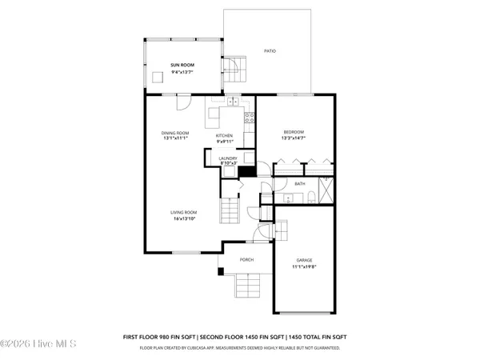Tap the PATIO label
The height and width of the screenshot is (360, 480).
tap(270, 51)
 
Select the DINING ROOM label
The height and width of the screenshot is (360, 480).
tap(175, 132)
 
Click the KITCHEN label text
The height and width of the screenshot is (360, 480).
tap(225, 136)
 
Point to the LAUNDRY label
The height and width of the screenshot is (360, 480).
tap(228, 158)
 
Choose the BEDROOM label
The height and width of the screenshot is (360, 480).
tap(294, 131)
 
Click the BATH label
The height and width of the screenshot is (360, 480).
tap(300, 184)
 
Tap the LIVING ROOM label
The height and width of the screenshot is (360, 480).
tap(183, 213)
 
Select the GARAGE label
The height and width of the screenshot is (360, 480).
tap(304, 260)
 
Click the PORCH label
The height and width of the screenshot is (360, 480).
tap(247, 260)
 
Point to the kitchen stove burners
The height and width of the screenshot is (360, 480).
tap(249, 120)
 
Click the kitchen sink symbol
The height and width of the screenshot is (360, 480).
tap(233, 102)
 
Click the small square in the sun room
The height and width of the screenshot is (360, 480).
tap(157, 74)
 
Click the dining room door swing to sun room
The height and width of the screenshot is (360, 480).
tap(183, 102)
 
